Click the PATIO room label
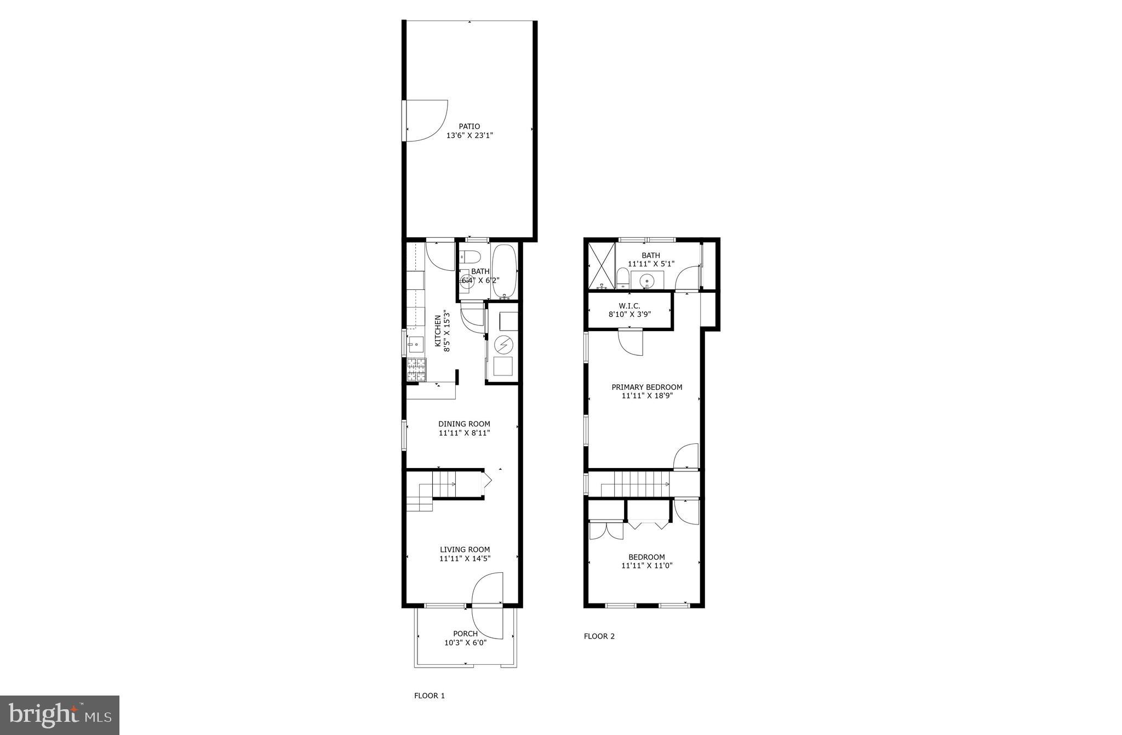coord(470,127)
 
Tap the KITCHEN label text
coord(438,331)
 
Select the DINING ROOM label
coord(464,424)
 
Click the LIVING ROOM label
coord(465,550)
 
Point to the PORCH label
coord(465,634)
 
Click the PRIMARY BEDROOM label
coord(646,388)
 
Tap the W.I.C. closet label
coord(629,306)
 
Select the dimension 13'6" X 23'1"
coord(470,135)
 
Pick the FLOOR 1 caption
coord(429,696)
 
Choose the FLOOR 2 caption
coord(599,636)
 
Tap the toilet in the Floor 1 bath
coord(470,256)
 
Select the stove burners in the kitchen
coord(416,369)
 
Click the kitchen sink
coord(414,345)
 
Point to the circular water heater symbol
coord(502,345)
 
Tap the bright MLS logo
coord(60,715)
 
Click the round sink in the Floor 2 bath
coord(647,282)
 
